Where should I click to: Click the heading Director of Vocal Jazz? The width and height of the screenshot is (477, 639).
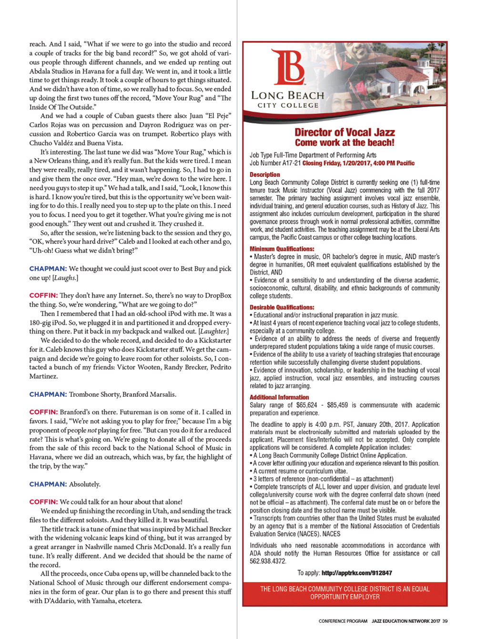tap(345, 132)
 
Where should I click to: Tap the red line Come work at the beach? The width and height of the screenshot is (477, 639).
tap(345, 143)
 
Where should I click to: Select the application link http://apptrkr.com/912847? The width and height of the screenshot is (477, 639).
tap(356, 573)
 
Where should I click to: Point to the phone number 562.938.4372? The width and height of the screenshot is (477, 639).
tap(268, 561)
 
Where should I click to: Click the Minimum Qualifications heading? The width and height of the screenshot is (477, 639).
tap(282, 249)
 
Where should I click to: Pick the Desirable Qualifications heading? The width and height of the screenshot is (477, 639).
tap(282, 308)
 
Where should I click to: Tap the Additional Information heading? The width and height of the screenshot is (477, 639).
tap(279, 397)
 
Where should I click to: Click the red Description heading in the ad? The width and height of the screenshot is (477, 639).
tap(265, 175)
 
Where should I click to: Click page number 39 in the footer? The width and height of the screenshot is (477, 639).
tap(445, 621)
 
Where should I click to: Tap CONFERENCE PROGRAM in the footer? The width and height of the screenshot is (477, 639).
tap(343, 621)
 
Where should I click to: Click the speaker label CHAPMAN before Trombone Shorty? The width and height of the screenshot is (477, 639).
tap(48, 394)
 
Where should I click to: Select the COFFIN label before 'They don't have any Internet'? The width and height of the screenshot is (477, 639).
tap(43, 296)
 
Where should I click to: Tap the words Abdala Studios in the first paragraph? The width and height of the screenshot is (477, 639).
tap(53, 71)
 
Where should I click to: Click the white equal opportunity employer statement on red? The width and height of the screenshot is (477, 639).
tap(345, 593)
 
